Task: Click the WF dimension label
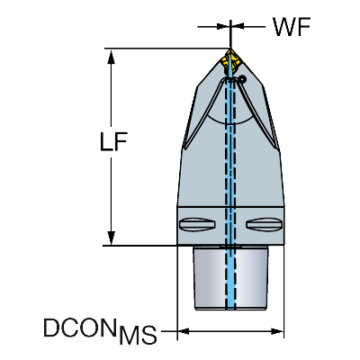pyautogui.click(x=292, y=27)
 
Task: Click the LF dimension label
pyautogui.click(x=113, y=141)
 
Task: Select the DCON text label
pyautogui.click(x=80, y=328)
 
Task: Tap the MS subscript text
pyautogui.click(x=138, y=334)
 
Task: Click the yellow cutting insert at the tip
pyautogui.click(x=230, y=60)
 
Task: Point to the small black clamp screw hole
pyautogui.click(x=242, y=79)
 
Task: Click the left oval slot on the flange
pyautogui.click(x=197, y=224)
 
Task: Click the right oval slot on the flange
pyautogui.click(x=264, y=224)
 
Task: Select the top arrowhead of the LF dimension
pyautogui.click(x=112, y=57)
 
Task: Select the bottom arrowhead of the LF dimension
pyautogui.click(x=112, y=238)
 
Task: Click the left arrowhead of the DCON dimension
pyautogui.click(x=184, y=331)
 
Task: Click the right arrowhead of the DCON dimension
pyautogui.click(x=277, y=331)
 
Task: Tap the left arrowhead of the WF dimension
pyautogui.click(x=223, y=27)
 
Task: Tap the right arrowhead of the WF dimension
pyautogui.click(x=237, y=27)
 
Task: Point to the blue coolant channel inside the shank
pyautogui.click(x=230, y=277)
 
